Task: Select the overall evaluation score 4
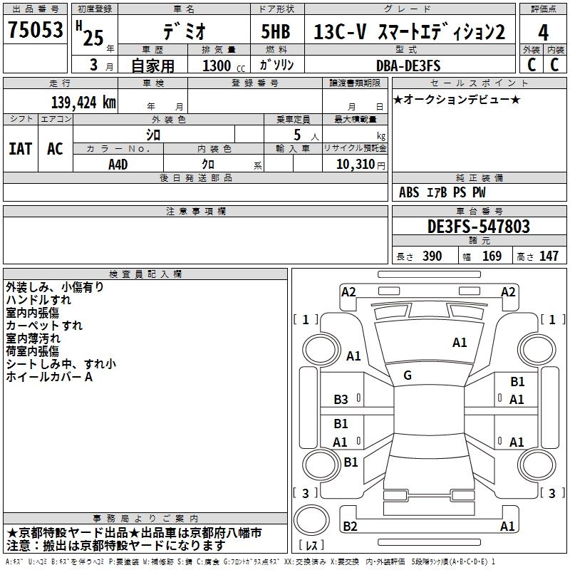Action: pyautogui.click(x=544, y=32)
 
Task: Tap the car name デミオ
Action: pyautogui.click(x=183, y=32)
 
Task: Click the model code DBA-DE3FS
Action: pyautogui.click(x=408, y=66)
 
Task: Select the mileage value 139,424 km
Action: pyautogui.click(x=83, y=102)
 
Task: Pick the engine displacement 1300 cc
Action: pyautogui.click(x=218, y=66)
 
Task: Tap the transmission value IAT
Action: pyautogui.click(x=20, y=148)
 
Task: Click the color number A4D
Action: pyautogui.click(x=118, y=164)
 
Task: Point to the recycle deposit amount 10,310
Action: pyautogui.click(x=355, y=164)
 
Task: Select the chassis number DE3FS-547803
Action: pyautogui.click(x=479, y=227)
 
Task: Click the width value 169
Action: pyautogui.click(x=492, y=256)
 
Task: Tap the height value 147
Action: pyautogui.click(x=549, y=256)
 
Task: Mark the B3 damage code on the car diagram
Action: pyautogui.click(x=341, y=400)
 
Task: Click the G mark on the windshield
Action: pyautogui.click(x=408, y=375)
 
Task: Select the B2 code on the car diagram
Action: pyautogui.click(x=350, y=526)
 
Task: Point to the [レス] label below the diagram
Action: pyautogui.click(x=311, y=545)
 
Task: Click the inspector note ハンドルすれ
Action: pyautogui.click(x=38, y=300)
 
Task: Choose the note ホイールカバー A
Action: pyautogui.click(x=49, y=377)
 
